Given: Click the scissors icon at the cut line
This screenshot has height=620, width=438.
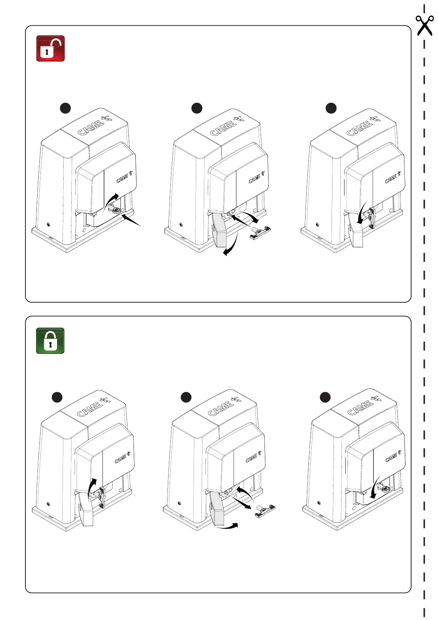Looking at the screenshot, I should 424,25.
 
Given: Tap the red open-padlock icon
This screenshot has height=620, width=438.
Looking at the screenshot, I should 50,48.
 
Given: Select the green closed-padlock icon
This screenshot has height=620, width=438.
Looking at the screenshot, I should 50,341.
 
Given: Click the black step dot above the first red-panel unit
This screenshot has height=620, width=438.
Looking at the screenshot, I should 65,108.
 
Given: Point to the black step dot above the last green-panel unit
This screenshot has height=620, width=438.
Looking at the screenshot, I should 325,398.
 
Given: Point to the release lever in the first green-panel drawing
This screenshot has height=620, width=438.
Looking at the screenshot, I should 100,497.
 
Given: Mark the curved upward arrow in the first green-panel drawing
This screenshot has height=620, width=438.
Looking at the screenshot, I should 92,486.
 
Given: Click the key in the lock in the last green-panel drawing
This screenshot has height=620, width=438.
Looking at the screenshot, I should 384,489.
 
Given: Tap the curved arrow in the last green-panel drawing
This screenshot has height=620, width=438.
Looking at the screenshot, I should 375,490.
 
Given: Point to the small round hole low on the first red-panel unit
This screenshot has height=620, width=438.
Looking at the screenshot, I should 49,225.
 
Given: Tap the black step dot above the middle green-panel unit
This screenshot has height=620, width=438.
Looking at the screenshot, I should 186,397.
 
